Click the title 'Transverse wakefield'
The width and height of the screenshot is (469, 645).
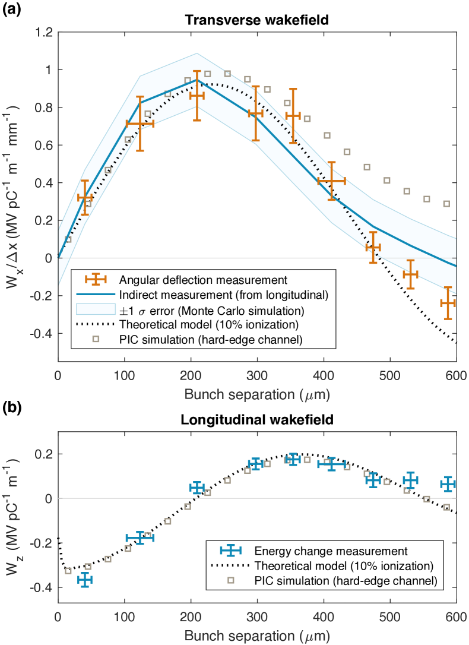coord(256,20)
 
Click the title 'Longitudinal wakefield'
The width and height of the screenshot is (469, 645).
coord(256,419)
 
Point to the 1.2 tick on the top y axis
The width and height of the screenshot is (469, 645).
coord(45,32)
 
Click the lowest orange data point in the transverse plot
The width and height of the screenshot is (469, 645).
coord(448,303)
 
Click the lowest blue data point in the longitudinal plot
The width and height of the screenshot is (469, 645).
coord(84,579)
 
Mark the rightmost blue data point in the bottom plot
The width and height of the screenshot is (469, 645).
coord(448,484)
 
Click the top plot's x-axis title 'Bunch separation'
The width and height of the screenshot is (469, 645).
coord(256,394)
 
